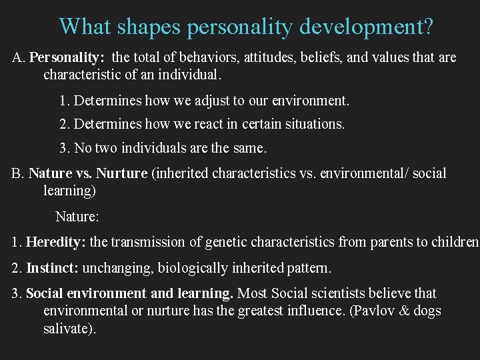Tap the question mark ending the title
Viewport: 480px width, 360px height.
click(427, 26)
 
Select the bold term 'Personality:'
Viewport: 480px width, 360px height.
click(67, 57)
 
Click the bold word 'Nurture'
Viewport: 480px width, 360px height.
click(121, 173)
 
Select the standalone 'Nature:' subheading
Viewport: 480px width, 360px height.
click(77, 217)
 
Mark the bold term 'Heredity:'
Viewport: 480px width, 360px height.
click(57, 242)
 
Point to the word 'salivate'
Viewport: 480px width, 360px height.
click(65, 329)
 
